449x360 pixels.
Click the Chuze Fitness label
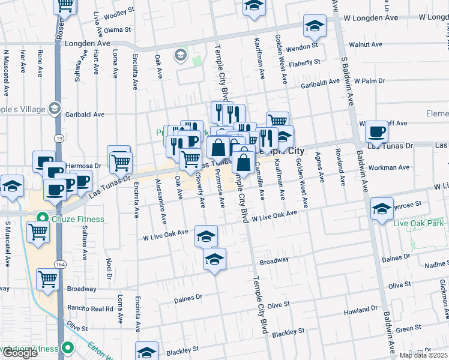pyautogui.click(x=77, y=218)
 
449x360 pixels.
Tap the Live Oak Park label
pyautogui.click(x=418, y=224)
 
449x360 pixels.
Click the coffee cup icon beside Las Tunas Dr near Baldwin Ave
pyautogui.click(x=376, y=132)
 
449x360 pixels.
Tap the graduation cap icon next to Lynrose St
pyautogui.click(x=381, y=209)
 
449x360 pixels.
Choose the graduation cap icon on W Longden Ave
pyautogui.click(x=314, y=26)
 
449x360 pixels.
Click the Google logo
pyautogui.click(x=19, y=353)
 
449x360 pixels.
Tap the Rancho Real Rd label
pyautogui.click(x=90, y=308)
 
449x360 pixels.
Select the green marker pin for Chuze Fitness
pyautogui.click(x=41, y=218)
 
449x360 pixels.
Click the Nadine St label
pyautogui.click(x=435, y=265)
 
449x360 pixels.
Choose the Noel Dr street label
pyautogui.click(x=109, y=265)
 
